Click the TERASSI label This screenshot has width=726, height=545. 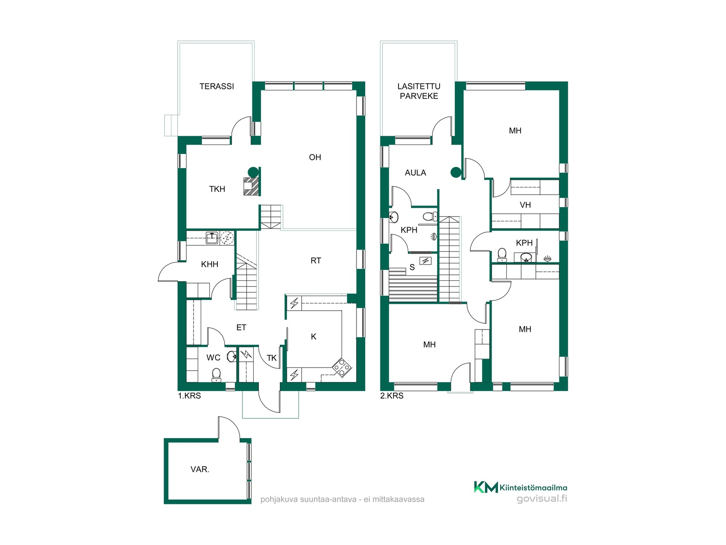(x=217, y=86)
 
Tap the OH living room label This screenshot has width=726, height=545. (x=315, y=157)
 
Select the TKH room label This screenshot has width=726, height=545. (x=217, y=189)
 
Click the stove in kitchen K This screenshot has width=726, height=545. (x=342, y=368)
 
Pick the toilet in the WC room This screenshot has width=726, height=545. (x=216, y=375)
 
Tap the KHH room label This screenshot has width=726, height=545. (x=209, y=265)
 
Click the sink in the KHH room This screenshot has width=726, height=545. (x=212, y=238)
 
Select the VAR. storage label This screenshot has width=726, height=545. (x=200, y=469)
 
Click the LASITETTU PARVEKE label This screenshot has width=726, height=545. (x=419, y=91)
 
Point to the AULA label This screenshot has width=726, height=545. (x=415, y=173)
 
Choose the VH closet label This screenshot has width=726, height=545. (x=525, y=205)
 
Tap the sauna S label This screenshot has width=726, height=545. (x=412, y=268)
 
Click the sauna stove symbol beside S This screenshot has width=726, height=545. (x=426, y=261)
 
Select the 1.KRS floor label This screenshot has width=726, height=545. (x=189, y=396)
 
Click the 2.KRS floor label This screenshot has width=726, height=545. (x=392, y=396)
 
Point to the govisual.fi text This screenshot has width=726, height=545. (x=542, y=498)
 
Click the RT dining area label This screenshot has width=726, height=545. (x=316, y=261)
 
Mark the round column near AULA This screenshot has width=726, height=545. (x=456, y=173)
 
